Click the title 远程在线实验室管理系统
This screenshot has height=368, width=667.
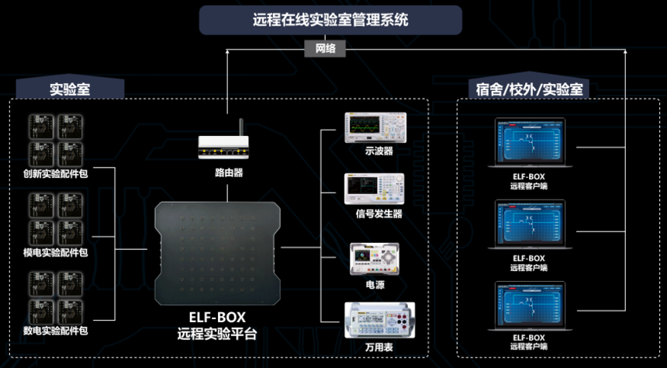coord(330,20)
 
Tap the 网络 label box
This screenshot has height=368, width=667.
coord(325,48)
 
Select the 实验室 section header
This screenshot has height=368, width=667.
coord(70,88)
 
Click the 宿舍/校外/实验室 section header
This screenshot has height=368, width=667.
coord(529,89)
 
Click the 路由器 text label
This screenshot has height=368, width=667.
coord(229,172)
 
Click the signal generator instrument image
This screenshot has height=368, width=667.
coord(375,189)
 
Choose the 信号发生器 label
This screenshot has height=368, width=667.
coord(378,214)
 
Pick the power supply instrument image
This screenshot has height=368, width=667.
coord(375,258)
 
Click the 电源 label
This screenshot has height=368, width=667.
coord(375,285)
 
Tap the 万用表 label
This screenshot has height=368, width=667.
coord(378,347)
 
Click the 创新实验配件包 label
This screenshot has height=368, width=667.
coord(56,174)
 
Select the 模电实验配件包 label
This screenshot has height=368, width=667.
coord(56,252)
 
